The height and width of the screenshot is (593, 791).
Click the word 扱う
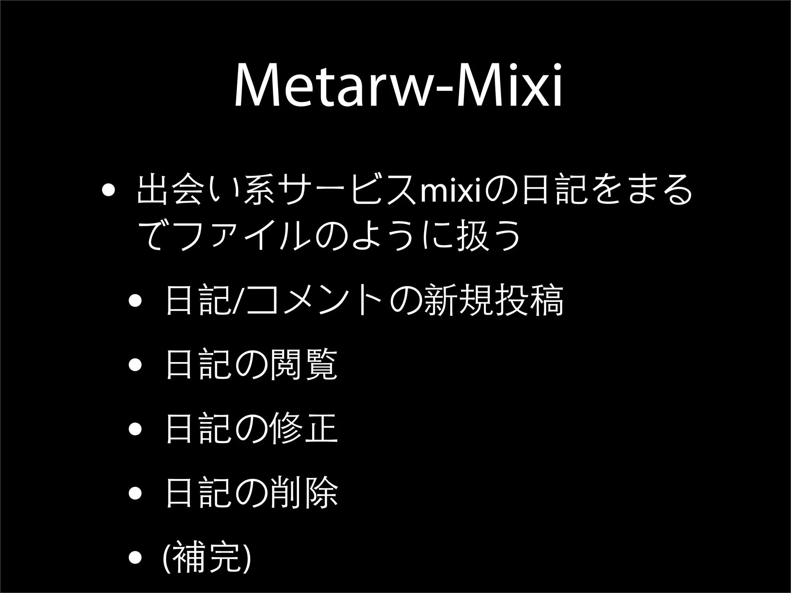click(488, 235)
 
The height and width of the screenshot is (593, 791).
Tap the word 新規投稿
click(494, 300)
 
